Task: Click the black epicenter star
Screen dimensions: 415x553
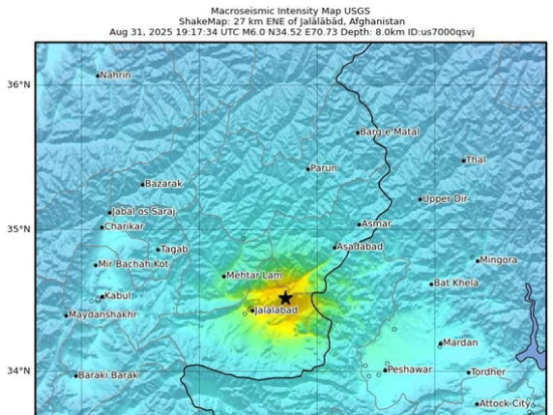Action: [x=284, y=298]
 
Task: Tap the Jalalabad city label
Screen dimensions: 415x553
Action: [x=276, y=311]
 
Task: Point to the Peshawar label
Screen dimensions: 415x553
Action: [x=410, y=370]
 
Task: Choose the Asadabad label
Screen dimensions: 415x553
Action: [x=362, y=247]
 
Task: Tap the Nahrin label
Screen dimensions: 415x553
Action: [x=117, y=74]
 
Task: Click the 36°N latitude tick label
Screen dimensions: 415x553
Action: [x=19, y=84]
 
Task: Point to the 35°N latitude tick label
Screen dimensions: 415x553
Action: [x=19, y=229]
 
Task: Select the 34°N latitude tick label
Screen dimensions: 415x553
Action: [x=19, y=371]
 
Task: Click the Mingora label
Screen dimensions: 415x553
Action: [x=499, y=259]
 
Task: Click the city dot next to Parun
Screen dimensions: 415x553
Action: [x=308, y=169]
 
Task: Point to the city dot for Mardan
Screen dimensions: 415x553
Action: [x=440, y=343]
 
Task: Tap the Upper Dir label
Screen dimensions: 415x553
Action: [x=447, y=198]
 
